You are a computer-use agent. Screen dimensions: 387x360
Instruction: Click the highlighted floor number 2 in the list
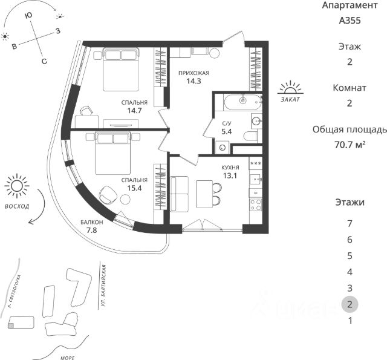[350, 304]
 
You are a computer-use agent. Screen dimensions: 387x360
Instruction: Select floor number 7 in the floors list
[350, 223]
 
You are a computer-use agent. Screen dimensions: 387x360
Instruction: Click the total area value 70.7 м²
[350, 145]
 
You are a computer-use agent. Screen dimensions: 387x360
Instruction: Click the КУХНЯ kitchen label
[230, 168]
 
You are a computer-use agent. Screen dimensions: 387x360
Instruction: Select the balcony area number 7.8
[92, 231]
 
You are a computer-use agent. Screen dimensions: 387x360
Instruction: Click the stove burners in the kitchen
[255, 205]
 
